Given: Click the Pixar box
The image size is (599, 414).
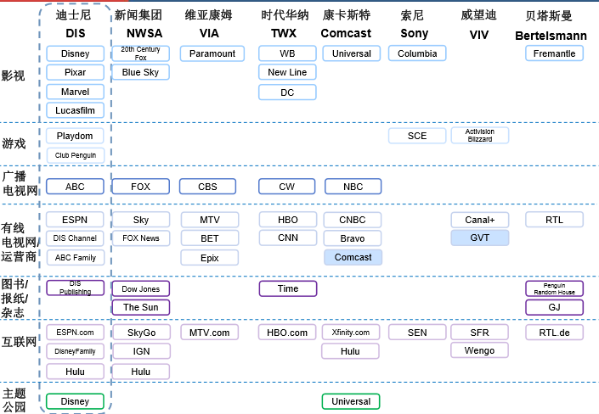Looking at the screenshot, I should tap(75, 73).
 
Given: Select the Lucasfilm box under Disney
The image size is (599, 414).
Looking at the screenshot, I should tap(75, 110).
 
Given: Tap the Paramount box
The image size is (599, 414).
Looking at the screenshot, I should tap(212, 53).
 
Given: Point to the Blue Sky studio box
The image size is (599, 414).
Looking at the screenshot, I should tap(140, 73).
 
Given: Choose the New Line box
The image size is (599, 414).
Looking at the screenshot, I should tap(287, 73).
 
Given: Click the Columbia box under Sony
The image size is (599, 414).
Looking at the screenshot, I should tap(417, 53).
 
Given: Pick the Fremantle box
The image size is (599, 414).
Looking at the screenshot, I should tap(554, 53).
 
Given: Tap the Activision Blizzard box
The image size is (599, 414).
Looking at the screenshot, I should tap(479, 136).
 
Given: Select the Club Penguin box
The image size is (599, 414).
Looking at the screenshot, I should tap(75, 155).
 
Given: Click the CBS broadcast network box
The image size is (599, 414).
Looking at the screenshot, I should tap(209, 187).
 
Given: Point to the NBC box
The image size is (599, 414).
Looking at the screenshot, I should tap(353, 187).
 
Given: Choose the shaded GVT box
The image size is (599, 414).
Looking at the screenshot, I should tap(479, 238).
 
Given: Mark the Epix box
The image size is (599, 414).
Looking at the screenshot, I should tap(209, 258).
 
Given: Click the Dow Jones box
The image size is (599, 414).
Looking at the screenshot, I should tap(140, 289).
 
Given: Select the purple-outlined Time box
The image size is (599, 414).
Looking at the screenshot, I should tap(287, 289).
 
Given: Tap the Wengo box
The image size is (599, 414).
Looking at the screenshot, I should tap(479, 350).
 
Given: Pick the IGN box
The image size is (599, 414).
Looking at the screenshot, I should tap(140, 351).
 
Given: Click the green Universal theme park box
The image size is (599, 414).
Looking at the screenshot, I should tap(351, 401).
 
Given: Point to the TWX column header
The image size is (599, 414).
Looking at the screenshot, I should tap(284, 34).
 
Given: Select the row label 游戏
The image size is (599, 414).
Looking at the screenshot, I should tap(14, 143).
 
